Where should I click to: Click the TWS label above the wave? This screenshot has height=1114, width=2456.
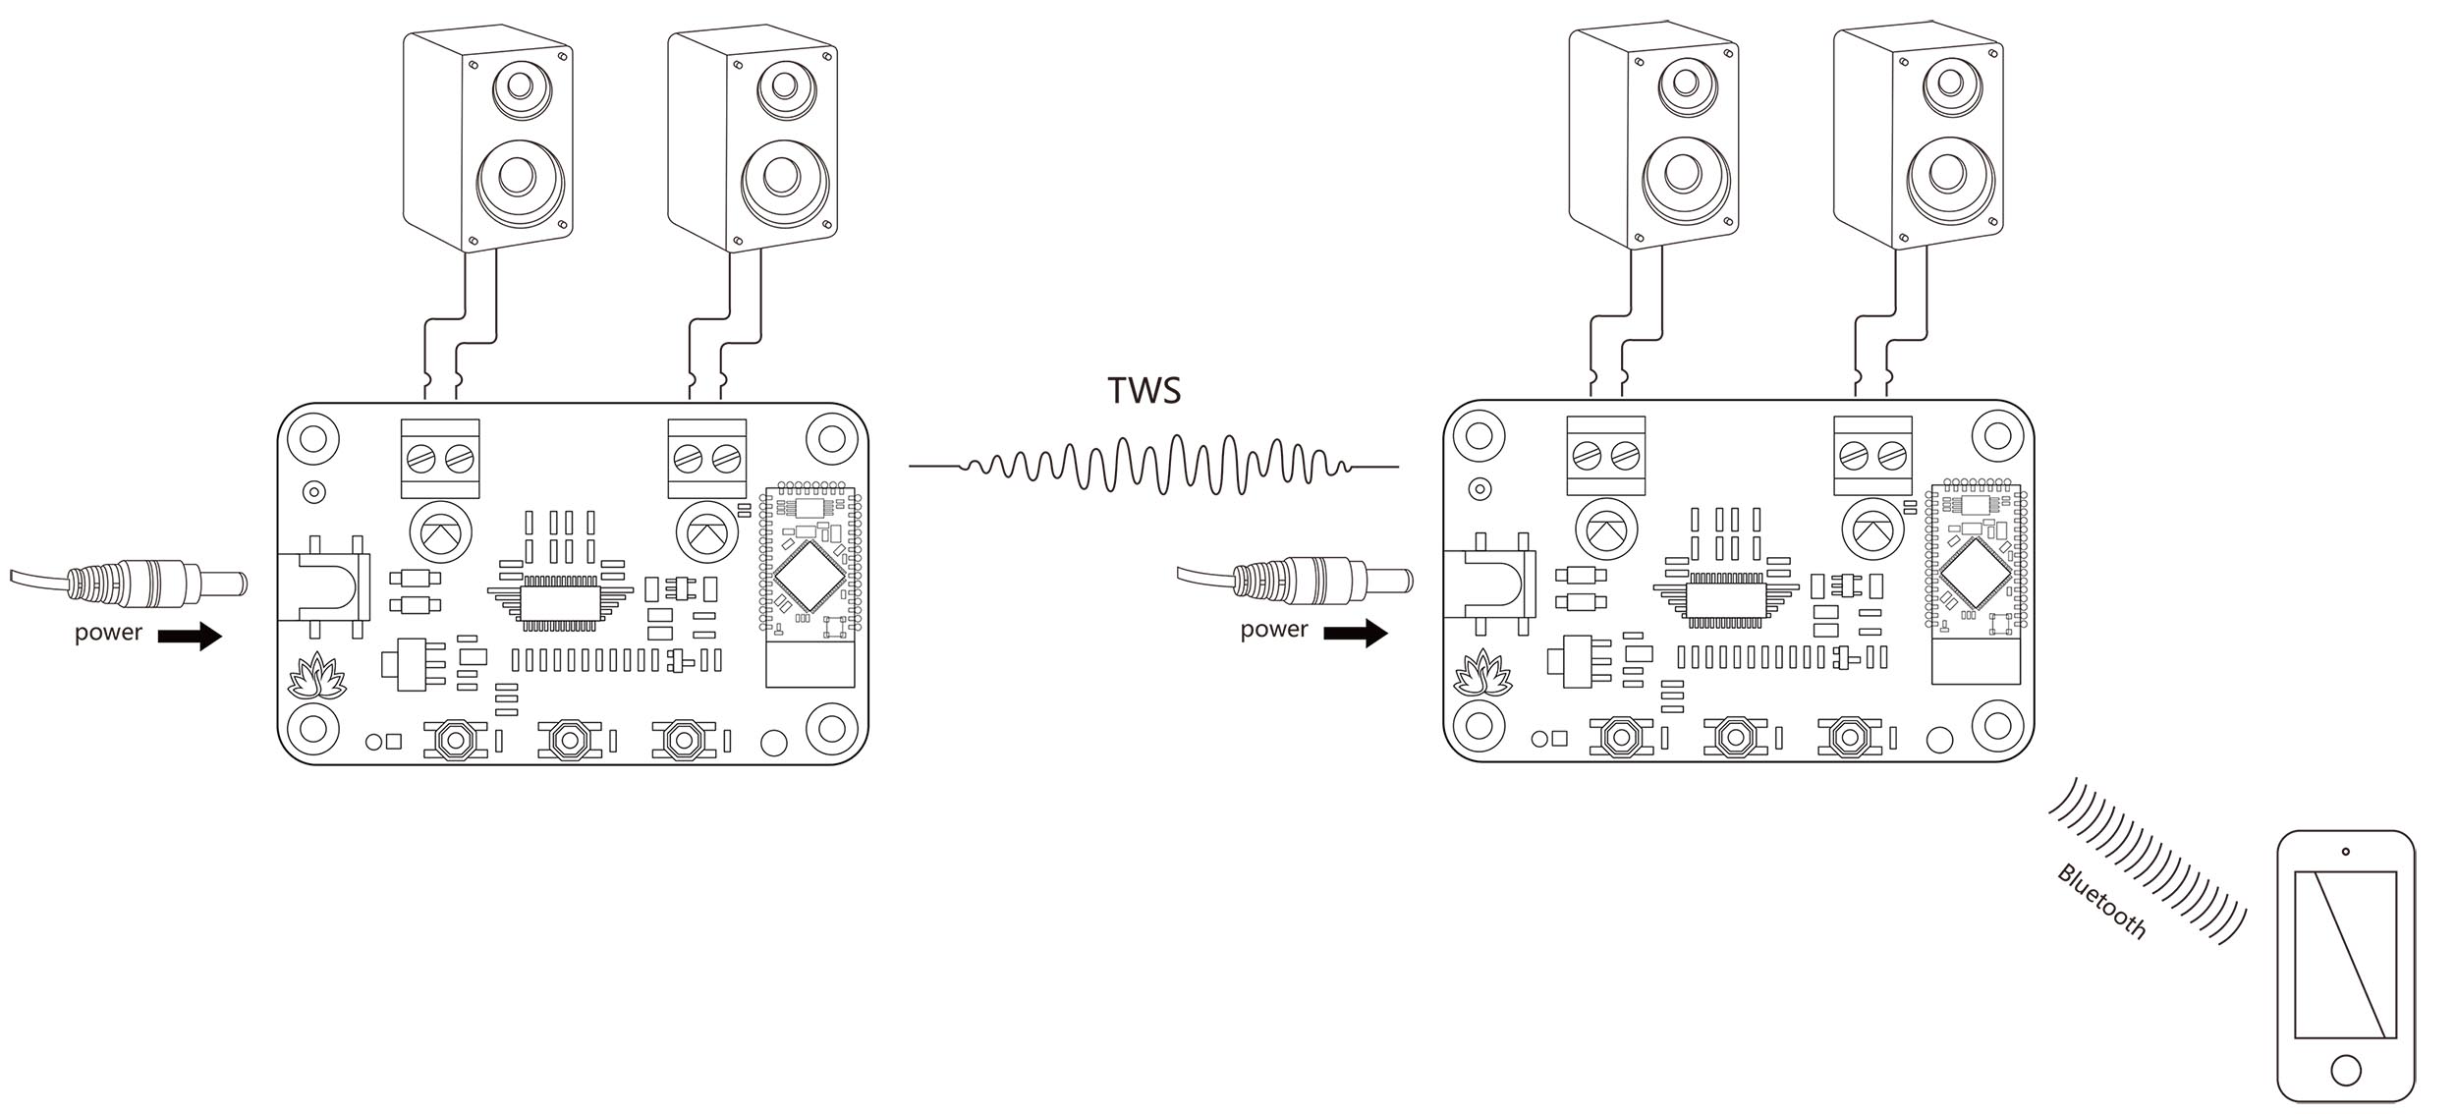[x=1144, y=390]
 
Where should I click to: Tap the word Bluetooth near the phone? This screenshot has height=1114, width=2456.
[x=2101, y=901]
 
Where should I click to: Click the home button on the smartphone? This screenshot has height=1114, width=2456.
[x=2345, y=1070]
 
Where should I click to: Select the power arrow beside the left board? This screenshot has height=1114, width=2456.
[x=191, y=636]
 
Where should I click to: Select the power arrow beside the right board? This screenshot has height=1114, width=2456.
[x=1356, y=633]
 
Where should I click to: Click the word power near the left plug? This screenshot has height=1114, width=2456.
[x=108, y=633]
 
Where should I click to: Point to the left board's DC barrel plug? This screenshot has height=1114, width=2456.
[x=157, y=585]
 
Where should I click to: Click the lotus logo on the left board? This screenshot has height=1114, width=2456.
[x=317, y=676]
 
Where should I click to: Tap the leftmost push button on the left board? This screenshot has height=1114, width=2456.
[x=455, y=739]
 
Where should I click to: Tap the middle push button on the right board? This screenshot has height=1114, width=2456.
[x=1736, y=736]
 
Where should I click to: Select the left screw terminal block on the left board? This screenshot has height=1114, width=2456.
[x=440, y=458]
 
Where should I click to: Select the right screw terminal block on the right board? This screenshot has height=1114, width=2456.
[x=1872, y=455]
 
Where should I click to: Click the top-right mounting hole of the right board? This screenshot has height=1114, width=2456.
[x=1997, y=434]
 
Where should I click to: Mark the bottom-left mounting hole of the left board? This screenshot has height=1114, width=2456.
[x=313, y=728]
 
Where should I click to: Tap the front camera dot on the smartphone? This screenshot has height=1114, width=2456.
[x=2345, y=851]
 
